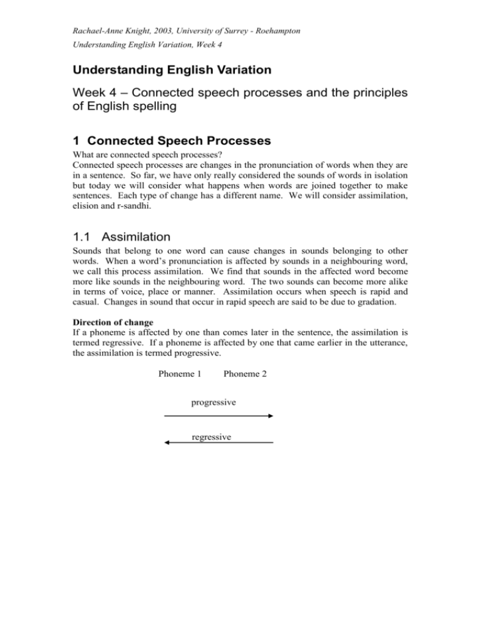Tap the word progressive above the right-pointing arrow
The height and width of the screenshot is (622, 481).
[213, 402]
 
